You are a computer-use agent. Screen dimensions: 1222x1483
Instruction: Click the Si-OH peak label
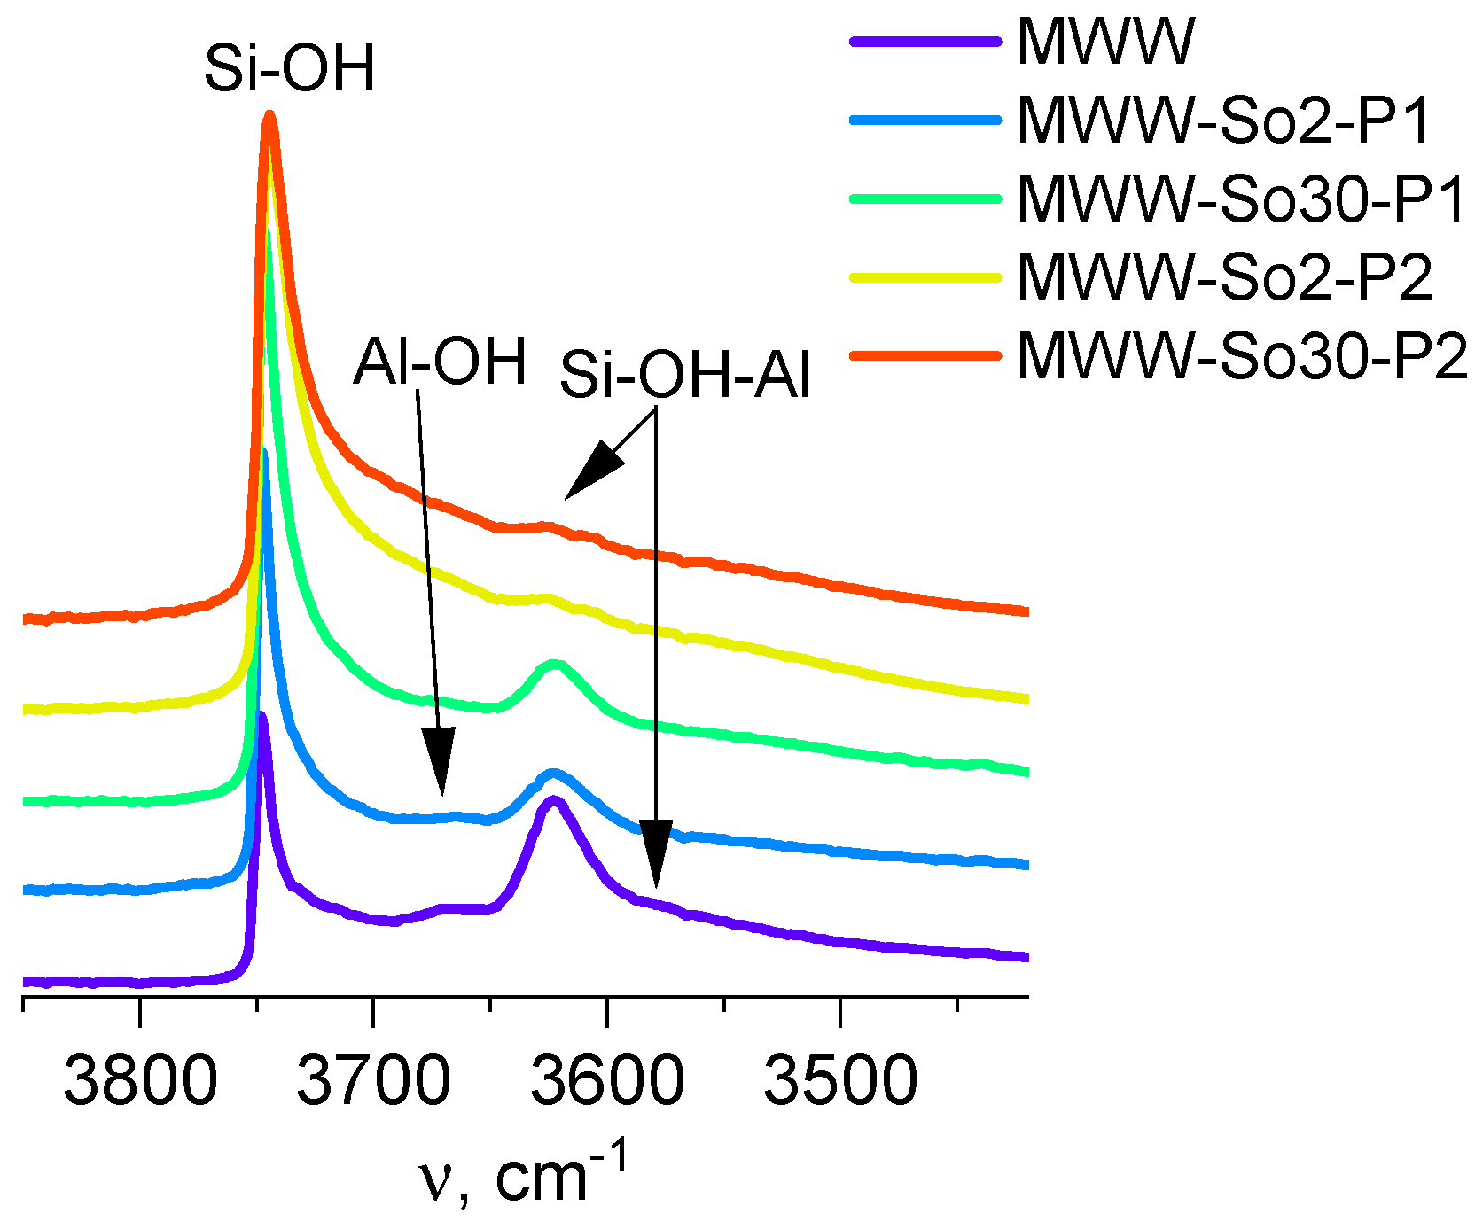pyautogui.click(x=290, y=69)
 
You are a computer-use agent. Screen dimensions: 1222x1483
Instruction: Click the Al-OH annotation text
pyautogui.click(x=441, y=362)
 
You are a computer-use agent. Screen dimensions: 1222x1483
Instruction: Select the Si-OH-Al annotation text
pyautogui.click(x=684, y=376)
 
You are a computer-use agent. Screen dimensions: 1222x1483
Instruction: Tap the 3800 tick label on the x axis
pyautogui.click(x=140, y=1082)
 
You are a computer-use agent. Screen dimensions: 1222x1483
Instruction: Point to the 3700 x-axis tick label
pyautogui.click(x=373, y=1082)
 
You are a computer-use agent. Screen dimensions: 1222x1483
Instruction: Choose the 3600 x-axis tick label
pyautogui.click(x=607, y=1082)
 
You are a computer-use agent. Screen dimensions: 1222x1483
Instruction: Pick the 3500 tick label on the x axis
pyautogui.click(x=840, y=1082)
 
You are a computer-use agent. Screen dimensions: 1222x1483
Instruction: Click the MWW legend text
pyautogui.click(x=1105, y=42)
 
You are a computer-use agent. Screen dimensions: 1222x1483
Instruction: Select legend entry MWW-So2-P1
pyautogui.click(x=1223, y=121)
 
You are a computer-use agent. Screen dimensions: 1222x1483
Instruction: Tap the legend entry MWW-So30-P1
pyautogui.click(x=1241, y=199)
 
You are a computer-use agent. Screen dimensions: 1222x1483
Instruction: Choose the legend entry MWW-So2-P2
pyautogui.click(x=1224, y=277)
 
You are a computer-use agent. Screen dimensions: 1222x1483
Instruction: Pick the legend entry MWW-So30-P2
pyautogui.click(x=1242, y=356)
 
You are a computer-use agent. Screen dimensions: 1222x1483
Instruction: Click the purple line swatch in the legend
pyautogui.click(x=925, y=42)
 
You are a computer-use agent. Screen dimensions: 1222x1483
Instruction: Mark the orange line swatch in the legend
pyautogui.click(x=925, y=356)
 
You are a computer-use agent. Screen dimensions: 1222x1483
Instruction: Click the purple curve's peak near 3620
pyautogui.click(x=553, y=801)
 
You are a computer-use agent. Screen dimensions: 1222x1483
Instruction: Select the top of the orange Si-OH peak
pyautogui.click(x=270, y=115)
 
